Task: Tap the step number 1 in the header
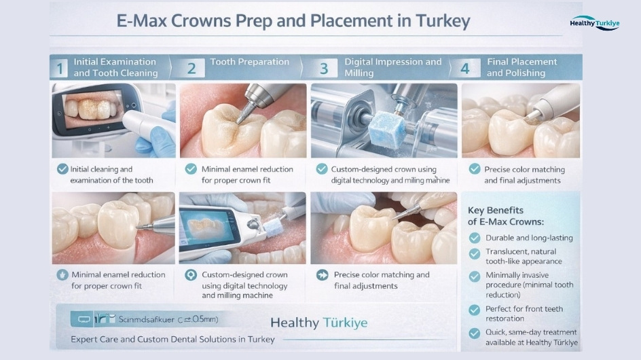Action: [60, 68]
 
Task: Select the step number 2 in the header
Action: [191, 68]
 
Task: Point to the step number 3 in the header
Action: [324, 68]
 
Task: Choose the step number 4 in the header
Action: [465, 68]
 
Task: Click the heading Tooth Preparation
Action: [249, 62]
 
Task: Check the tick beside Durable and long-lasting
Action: [475, 238]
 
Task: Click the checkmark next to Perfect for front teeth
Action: [475, 310]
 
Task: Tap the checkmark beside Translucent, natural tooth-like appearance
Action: [475, 253]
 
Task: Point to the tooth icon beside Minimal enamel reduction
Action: [62, 274]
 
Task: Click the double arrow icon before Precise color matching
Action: [322, 274]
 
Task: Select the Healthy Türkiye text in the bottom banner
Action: [319, 322]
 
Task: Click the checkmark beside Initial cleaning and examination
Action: [62, 169]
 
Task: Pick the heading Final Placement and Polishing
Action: [521, 67]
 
